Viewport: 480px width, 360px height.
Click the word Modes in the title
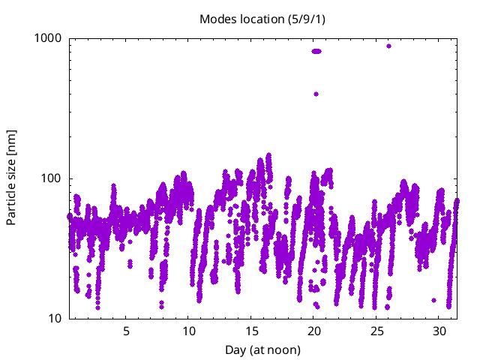(x=216, y=19)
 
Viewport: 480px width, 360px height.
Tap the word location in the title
(x=259, y=19)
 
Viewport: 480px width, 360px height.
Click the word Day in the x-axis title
(x=235, y=349)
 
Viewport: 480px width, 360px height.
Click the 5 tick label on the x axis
(x=126, y=331)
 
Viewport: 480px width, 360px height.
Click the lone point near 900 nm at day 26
(x=388, y=46)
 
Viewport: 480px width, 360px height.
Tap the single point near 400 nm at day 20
(x=316, y=94)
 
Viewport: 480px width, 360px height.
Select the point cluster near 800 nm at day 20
(x=316, y=52)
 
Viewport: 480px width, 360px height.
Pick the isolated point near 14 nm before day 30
(x=433, y=300)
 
